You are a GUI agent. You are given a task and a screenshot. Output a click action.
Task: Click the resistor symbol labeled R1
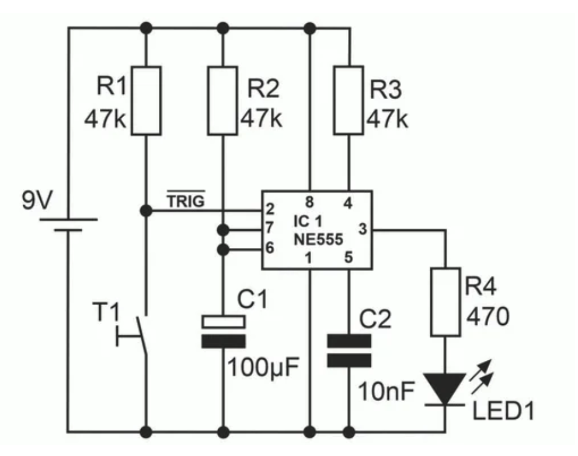[x=145, y=100]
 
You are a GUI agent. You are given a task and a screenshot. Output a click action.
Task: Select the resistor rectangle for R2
[x=222, y=100]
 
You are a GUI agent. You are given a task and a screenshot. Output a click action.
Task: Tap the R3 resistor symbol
[x=349, y=100]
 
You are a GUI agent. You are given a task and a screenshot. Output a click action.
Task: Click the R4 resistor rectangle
[x=445, y=301]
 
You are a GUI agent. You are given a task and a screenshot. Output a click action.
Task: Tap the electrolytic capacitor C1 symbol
[x=222, y=332]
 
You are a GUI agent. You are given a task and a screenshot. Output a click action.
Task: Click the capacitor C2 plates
[x=349, y=351]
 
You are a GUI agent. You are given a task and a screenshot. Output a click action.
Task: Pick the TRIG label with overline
[x=186, y=202]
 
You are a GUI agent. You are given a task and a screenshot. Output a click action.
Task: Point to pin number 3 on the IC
[x=362, y=230]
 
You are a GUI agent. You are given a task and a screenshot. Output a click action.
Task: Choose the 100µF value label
[x=263, y=369]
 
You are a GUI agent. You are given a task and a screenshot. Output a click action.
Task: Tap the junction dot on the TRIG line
[x=145, y=209]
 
